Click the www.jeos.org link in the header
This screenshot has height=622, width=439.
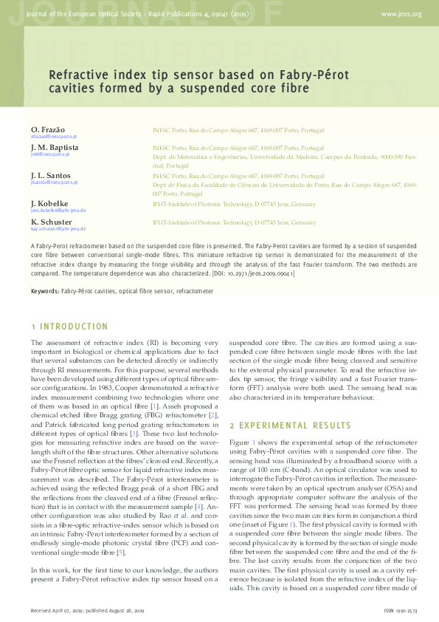click(401, 14)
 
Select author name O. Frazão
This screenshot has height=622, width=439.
click(48, 130)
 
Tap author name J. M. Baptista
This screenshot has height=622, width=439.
click(55, 148)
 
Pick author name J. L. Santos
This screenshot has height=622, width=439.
click(52, 176)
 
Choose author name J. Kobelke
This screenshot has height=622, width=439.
click(51, 203)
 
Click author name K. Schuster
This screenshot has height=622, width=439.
click(52, 222)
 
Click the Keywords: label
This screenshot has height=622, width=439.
click(44, 291)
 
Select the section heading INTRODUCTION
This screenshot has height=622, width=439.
click(74, 327)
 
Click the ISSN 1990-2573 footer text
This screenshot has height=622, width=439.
click(403, 612)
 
